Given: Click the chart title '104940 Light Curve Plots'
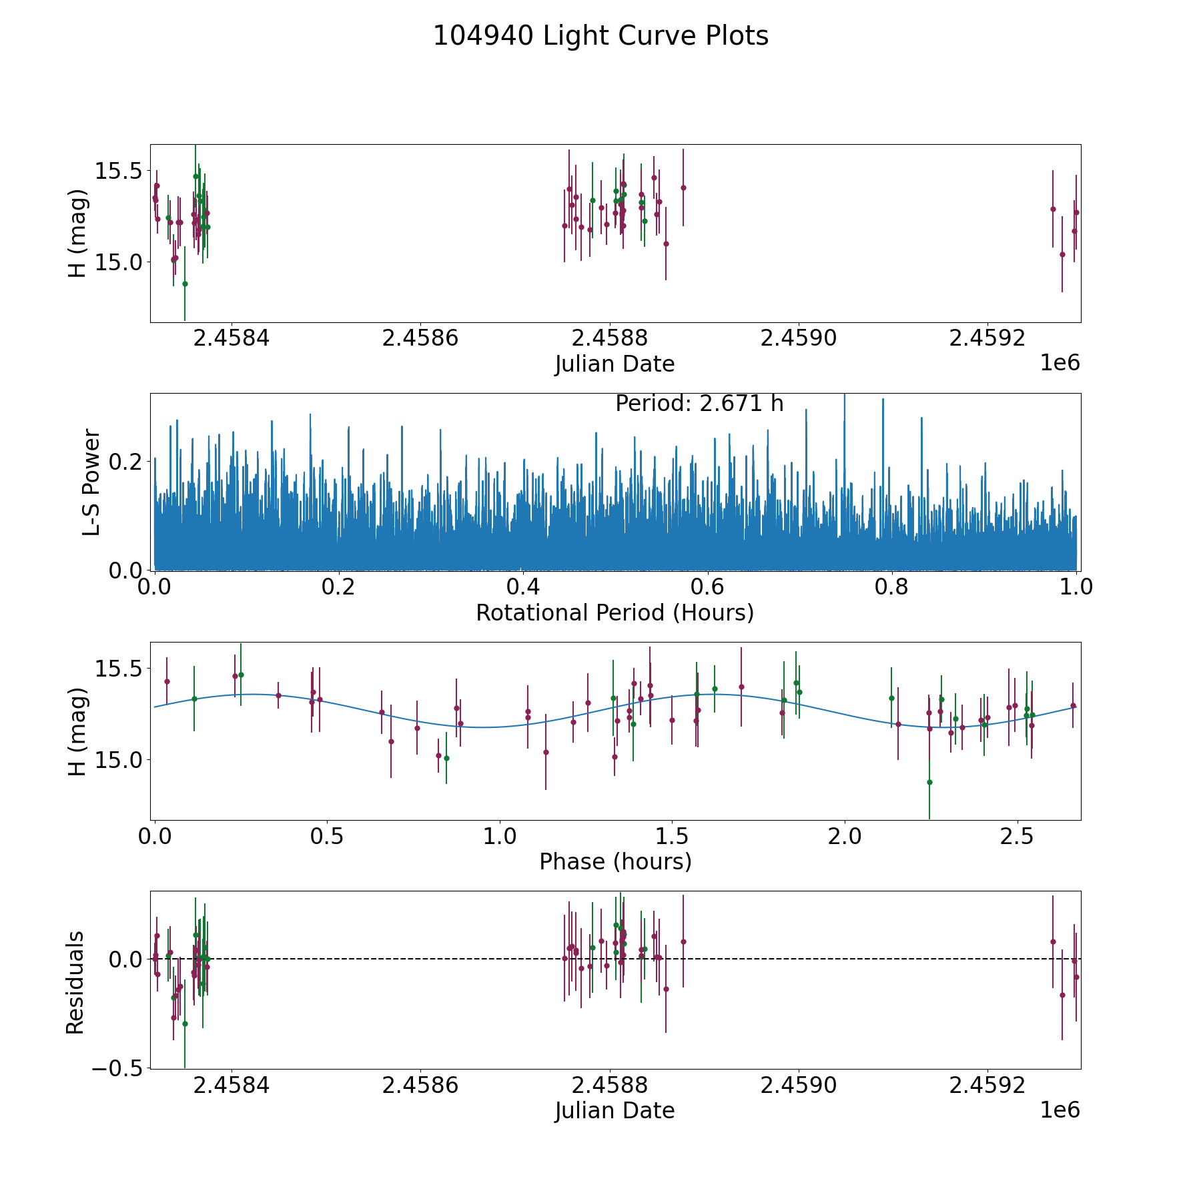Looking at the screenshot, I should click(600, 36).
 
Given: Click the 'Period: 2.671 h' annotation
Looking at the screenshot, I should click(699, 404).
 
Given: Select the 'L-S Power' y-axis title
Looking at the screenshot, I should click(91, 482).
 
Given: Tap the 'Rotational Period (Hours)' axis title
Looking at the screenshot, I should click(615, 613).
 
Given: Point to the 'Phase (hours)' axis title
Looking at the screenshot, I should click(615, 861).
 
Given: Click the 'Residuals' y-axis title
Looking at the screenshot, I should click(75, 982).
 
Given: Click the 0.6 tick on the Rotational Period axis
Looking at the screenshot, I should click(707, 587).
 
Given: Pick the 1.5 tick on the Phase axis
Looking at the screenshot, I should click(672, 836).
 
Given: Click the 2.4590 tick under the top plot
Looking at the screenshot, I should click(799, 338).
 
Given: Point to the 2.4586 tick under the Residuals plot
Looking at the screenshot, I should click(420, 1086).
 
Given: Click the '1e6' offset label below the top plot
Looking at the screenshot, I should click(1060, 364).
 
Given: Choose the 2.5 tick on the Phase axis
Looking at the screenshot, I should click(1017, 836).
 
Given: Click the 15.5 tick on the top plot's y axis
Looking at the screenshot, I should click(117, 171).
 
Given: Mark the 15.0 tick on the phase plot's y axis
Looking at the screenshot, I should click(117, 759).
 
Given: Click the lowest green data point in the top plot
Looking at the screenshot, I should click(185, 284).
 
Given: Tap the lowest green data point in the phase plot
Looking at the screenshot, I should click(929, 782).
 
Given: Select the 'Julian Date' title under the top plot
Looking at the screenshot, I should click(615, 364).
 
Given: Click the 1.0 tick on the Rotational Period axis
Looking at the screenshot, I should click(1076, 587).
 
